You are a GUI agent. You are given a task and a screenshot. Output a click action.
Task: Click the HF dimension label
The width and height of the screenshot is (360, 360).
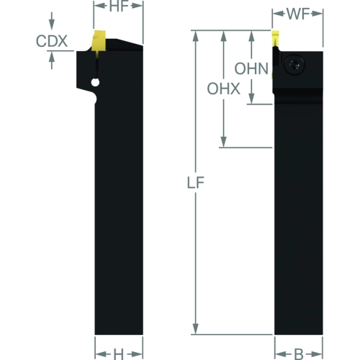pos(119,6)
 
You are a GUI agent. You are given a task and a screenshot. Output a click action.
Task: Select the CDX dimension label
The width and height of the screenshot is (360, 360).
pos(52,41)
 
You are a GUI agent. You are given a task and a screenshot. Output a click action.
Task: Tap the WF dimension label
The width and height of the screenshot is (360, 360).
pos(298,14)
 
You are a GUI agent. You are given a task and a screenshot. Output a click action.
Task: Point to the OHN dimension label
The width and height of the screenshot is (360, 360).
pos(251,68)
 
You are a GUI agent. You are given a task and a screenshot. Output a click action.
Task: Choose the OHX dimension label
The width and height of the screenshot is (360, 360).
pos(224,89)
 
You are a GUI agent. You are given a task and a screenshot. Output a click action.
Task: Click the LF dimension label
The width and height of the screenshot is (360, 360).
pos(196,182)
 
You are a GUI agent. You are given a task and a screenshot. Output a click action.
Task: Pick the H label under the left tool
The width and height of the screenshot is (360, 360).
pos(119,354)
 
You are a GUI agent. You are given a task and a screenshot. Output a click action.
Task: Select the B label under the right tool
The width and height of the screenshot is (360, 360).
pos(299,354)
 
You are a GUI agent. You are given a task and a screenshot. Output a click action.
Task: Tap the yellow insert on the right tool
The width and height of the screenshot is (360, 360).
pos(276,39)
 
